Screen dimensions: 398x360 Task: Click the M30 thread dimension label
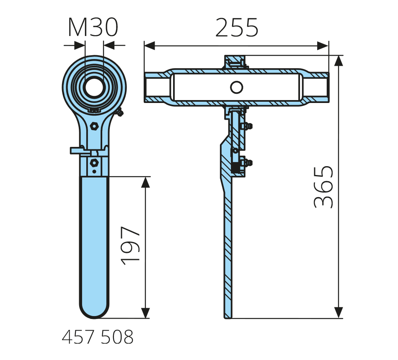[93, 27]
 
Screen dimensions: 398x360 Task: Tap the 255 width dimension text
[237, 28]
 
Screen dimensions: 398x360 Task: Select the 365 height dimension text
[323, 187]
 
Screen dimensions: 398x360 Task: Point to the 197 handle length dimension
[130, 246]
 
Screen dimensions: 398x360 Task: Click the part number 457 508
[98, 337]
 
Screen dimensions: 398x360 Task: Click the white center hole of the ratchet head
[94, 87]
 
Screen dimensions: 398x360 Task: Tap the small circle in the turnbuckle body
[237, 87]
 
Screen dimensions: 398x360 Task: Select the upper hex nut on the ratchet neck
[94, 126]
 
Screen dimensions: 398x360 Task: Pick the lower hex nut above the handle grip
[94, 162]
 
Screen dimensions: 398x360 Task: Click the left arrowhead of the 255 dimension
[150, 46]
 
